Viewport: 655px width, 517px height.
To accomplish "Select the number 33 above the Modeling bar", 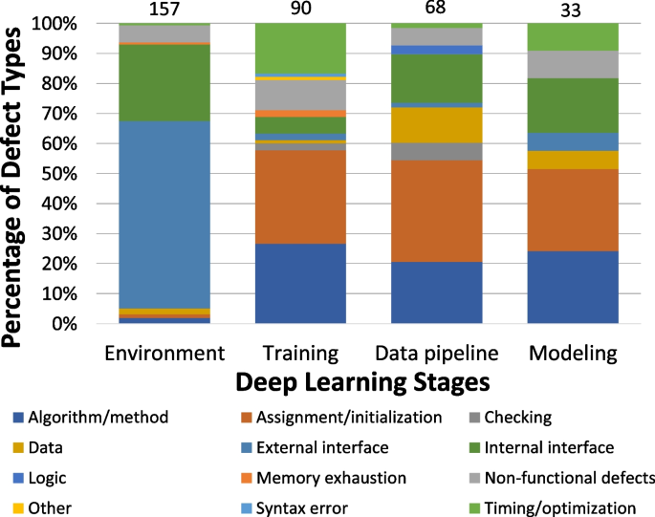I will pos(573,10).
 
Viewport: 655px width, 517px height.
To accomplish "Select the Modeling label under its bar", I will pos(573,353).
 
